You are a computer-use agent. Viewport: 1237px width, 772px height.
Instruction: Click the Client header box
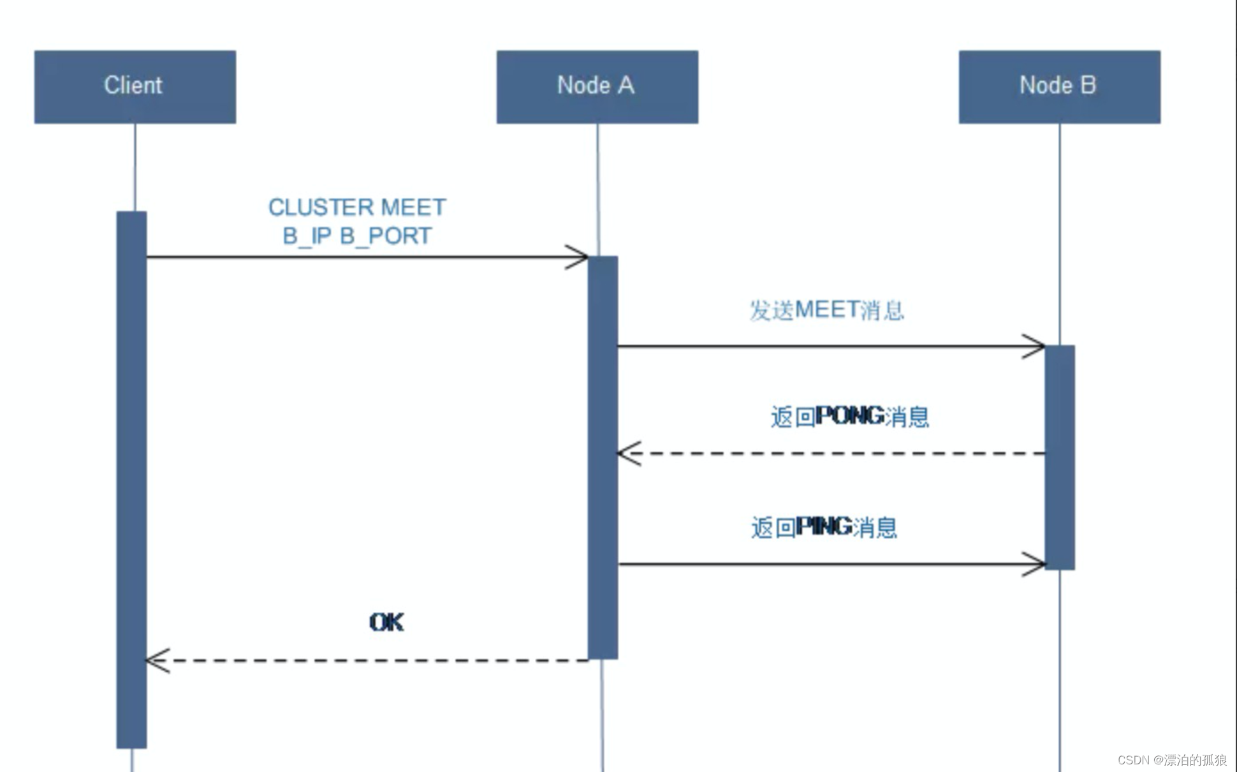point(135,87)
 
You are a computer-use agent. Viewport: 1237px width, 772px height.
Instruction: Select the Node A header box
point(597,87)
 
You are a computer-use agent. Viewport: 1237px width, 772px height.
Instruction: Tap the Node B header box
point(1059,87)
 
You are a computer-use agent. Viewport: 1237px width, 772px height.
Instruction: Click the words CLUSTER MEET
point(357,207)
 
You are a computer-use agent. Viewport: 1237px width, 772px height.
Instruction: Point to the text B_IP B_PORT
point(357,236)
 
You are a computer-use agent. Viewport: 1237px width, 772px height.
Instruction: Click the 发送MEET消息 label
point(826,310)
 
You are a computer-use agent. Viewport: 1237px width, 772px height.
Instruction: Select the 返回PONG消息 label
point(849,417)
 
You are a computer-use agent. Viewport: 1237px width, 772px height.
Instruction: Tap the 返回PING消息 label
point(824,528)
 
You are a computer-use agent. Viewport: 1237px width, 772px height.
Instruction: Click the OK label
point(386,622)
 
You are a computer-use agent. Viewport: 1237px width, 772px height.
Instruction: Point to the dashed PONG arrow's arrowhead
point(627,454)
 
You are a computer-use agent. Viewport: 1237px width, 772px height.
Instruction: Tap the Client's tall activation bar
point(131,479)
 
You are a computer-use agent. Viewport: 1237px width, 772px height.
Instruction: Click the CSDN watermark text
point(1172,760)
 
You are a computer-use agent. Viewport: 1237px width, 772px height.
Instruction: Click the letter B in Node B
point(1088,85)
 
